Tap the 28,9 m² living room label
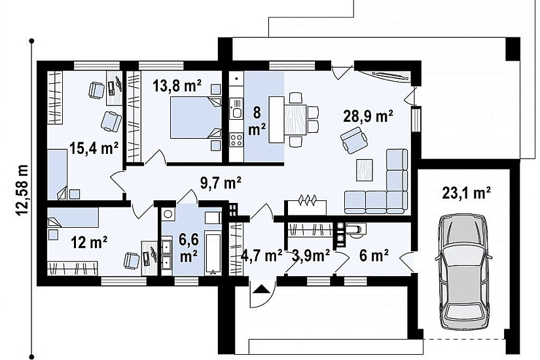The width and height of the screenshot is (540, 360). (x=368, y=117)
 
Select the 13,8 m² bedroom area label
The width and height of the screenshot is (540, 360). (x=177, y=86)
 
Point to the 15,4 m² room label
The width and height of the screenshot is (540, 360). (x=94, y=148)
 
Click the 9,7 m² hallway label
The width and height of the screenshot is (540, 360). (x=221, y=183)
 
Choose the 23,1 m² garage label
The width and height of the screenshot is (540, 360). (x=466, y=192)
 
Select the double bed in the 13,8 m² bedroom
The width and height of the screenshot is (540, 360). (x=196, y=117)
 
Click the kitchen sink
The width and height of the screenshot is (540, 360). (x=236, y=109)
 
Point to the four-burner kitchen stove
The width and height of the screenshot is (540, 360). (x=236, y=140)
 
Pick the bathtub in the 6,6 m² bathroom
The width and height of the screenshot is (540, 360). (x=213, y=253)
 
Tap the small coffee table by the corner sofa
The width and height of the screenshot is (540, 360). (x=365, y=170)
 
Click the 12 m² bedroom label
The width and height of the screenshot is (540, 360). (x=89, y=243)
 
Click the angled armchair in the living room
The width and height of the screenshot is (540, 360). (x=353, y=140)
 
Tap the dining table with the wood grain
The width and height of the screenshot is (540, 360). (x=295, y=120)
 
